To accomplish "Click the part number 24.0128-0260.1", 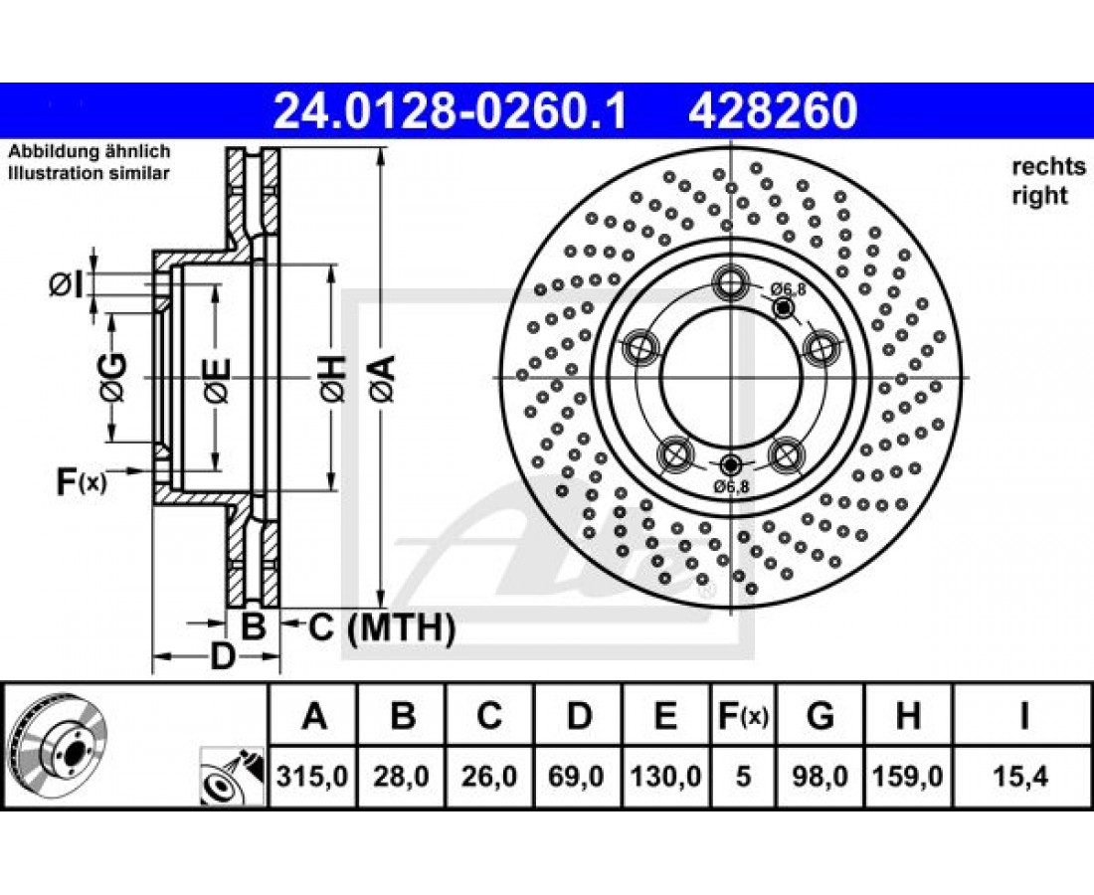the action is [450, 111].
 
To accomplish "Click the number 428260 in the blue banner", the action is [773, 111].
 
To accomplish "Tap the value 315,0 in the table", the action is [312, 776].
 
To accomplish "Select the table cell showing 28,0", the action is [401, 776].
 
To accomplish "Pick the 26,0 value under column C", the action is [489, 776].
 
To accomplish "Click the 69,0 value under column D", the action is [577, 776].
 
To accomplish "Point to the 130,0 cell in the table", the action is [665, 776].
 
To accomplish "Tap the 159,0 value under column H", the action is [908, 776].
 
